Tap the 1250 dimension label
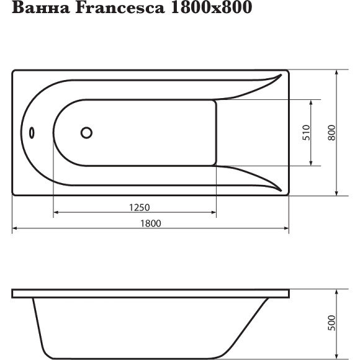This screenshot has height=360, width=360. click(140, 207)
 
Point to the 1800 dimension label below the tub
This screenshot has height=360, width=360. click(150, 223)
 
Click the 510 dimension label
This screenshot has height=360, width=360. click(305, 133)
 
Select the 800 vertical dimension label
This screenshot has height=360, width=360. click(332, 133)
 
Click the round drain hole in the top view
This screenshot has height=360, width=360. click(86, 132)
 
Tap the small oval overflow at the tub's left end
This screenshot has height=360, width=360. click(32, 133)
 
